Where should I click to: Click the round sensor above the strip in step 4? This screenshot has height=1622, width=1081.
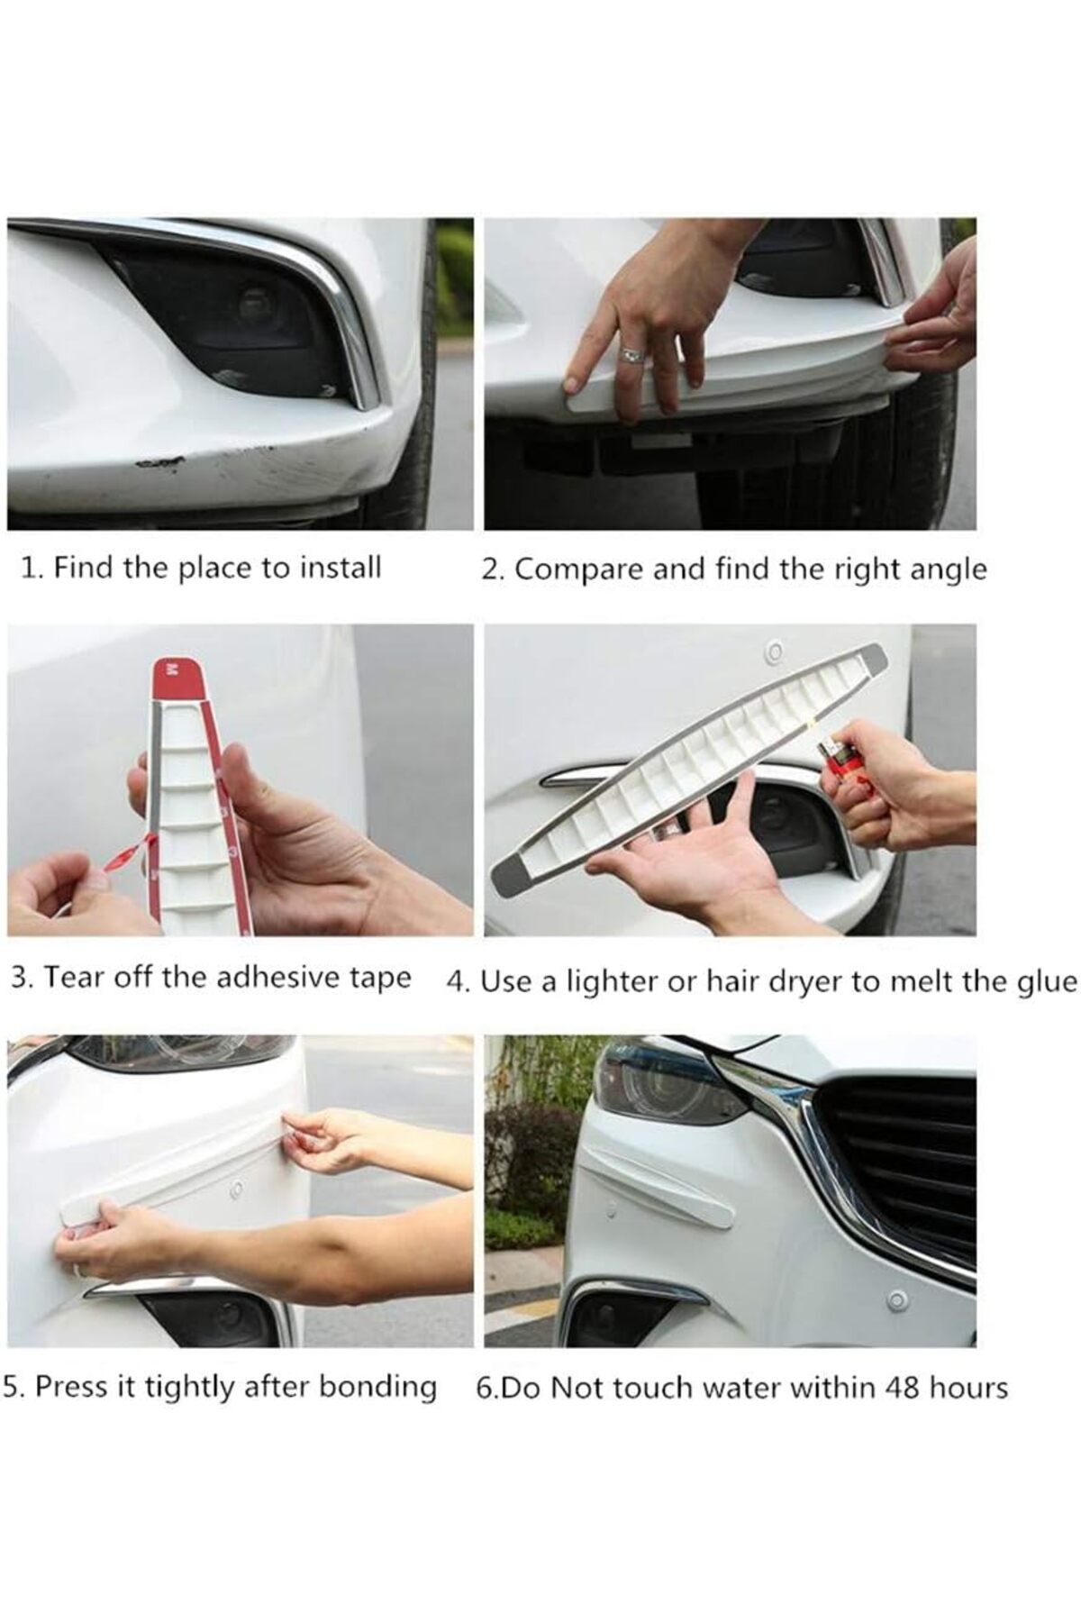click(772, 651)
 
